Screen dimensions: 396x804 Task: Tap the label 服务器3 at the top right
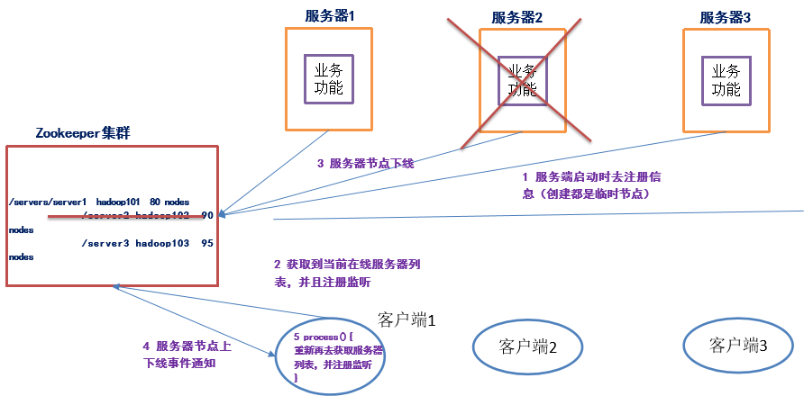point(726,17)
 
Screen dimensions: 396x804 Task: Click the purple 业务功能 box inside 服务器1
point(328,79)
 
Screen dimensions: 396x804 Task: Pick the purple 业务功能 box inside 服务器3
point(726,79)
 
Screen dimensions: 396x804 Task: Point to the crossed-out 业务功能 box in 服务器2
point(523,79)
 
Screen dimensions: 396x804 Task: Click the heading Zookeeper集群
point(83,132)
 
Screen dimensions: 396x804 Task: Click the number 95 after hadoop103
point(206,243)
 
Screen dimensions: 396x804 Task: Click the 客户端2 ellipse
point(523,345)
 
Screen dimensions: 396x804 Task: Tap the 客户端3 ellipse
point(739,345)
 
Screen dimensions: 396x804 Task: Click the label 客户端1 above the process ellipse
point(407,319)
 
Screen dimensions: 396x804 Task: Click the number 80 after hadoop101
point(154,202)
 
